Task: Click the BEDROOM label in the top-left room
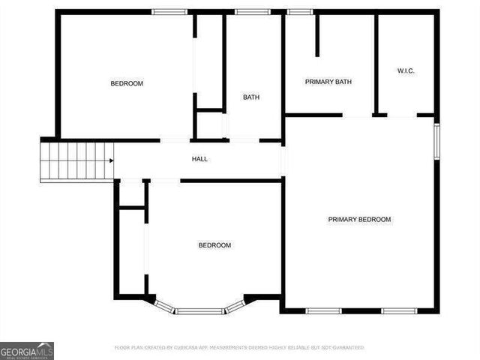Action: (127, 83)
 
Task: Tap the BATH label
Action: (251, 97)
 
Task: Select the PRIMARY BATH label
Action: (328, 82)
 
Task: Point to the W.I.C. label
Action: (406, 71)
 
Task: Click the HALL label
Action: (199, 159)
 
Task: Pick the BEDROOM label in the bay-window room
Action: (214, 245)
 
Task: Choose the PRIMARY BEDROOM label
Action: (359, 220)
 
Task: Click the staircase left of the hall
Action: (75, 160)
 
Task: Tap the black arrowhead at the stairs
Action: (111, 160)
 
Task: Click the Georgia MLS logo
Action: (27, 350)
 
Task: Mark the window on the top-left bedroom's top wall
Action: (169, 12)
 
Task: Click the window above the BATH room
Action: (247, 12)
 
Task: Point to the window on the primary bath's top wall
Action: (300, 12)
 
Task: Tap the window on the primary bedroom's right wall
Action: (436, 141)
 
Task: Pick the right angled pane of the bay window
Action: (235, 305)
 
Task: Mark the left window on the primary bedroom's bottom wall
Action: (324, 310)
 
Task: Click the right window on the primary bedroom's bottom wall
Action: (399, 310)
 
